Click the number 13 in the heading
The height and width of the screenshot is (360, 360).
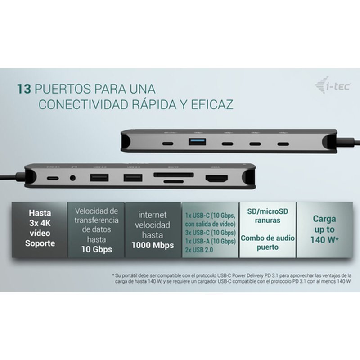pos(24,88)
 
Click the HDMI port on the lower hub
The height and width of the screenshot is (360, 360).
pos(215,178)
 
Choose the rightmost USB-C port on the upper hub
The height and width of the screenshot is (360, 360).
pos(283,144)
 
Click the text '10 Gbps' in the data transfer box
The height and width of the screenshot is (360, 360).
pos(97,249)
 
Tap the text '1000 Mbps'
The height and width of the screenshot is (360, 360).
pos(153,246)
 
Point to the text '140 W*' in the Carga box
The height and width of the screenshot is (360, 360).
pos(324,239)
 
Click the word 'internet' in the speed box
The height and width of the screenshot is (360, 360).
pos(153,215)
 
